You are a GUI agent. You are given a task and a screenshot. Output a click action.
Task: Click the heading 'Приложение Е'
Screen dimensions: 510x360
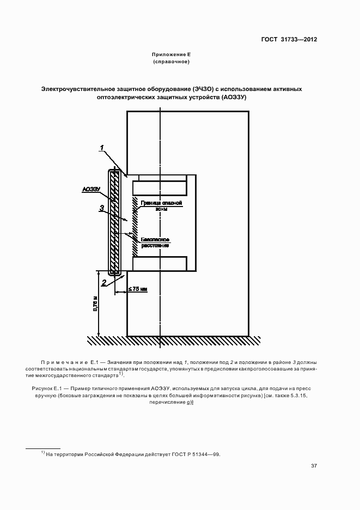171,54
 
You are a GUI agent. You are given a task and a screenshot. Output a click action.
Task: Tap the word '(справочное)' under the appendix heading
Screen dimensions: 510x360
171,62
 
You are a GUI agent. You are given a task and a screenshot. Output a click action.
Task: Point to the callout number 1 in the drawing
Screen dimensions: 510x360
102,148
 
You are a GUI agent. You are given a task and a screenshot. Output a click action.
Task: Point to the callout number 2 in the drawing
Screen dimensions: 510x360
103,282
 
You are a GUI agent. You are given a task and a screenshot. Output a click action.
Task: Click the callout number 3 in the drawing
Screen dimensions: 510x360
101,208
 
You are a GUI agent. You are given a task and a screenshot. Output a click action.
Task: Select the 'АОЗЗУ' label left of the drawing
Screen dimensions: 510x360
90,189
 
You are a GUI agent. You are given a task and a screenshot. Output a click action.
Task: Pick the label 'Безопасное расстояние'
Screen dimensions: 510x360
155,242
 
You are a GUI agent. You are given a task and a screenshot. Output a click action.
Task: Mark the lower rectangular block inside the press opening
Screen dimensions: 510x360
160,264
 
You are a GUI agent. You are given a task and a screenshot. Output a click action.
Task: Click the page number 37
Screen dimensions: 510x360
314,466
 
